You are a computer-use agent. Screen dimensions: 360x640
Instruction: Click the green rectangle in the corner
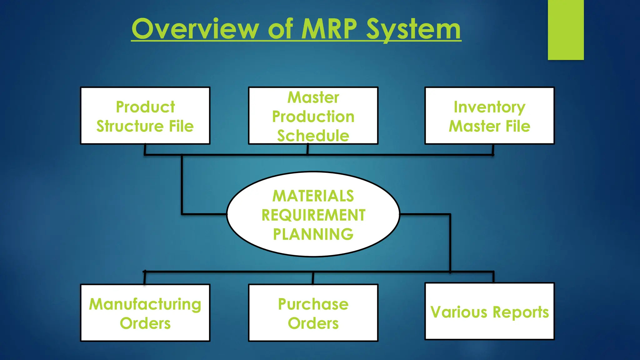[566, 30]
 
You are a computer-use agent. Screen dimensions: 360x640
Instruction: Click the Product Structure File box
[145, 116]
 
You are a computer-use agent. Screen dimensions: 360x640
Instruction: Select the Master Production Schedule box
[313, 116]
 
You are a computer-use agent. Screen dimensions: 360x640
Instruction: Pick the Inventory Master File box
[489, 116]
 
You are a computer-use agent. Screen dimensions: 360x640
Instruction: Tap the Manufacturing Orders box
[145, 312]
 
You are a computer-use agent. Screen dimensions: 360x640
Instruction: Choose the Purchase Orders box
[313, 312]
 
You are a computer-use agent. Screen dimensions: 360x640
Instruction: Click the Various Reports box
[489, 311]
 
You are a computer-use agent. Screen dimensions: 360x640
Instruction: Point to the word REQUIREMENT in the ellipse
[313, 215]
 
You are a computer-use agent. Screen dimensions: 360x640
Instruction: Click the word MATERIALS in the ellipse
[313, 196]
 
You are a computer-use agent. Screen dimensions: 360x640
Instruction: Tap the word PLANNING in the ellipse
[313, 234]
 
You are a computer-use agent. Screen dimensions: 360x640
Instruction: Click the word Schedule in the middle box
[313, 136]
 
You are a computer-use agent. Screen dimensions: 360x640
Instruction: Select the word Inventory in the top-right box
[489, 107]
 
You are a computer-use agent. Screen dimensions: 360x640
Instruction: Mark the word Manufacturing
[145, 304]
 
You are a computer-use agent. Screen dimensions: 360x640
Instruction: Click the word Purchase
[313, 304]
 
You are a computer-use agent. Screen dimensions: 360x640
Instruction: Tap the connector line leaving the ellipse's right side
[425, 214]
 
